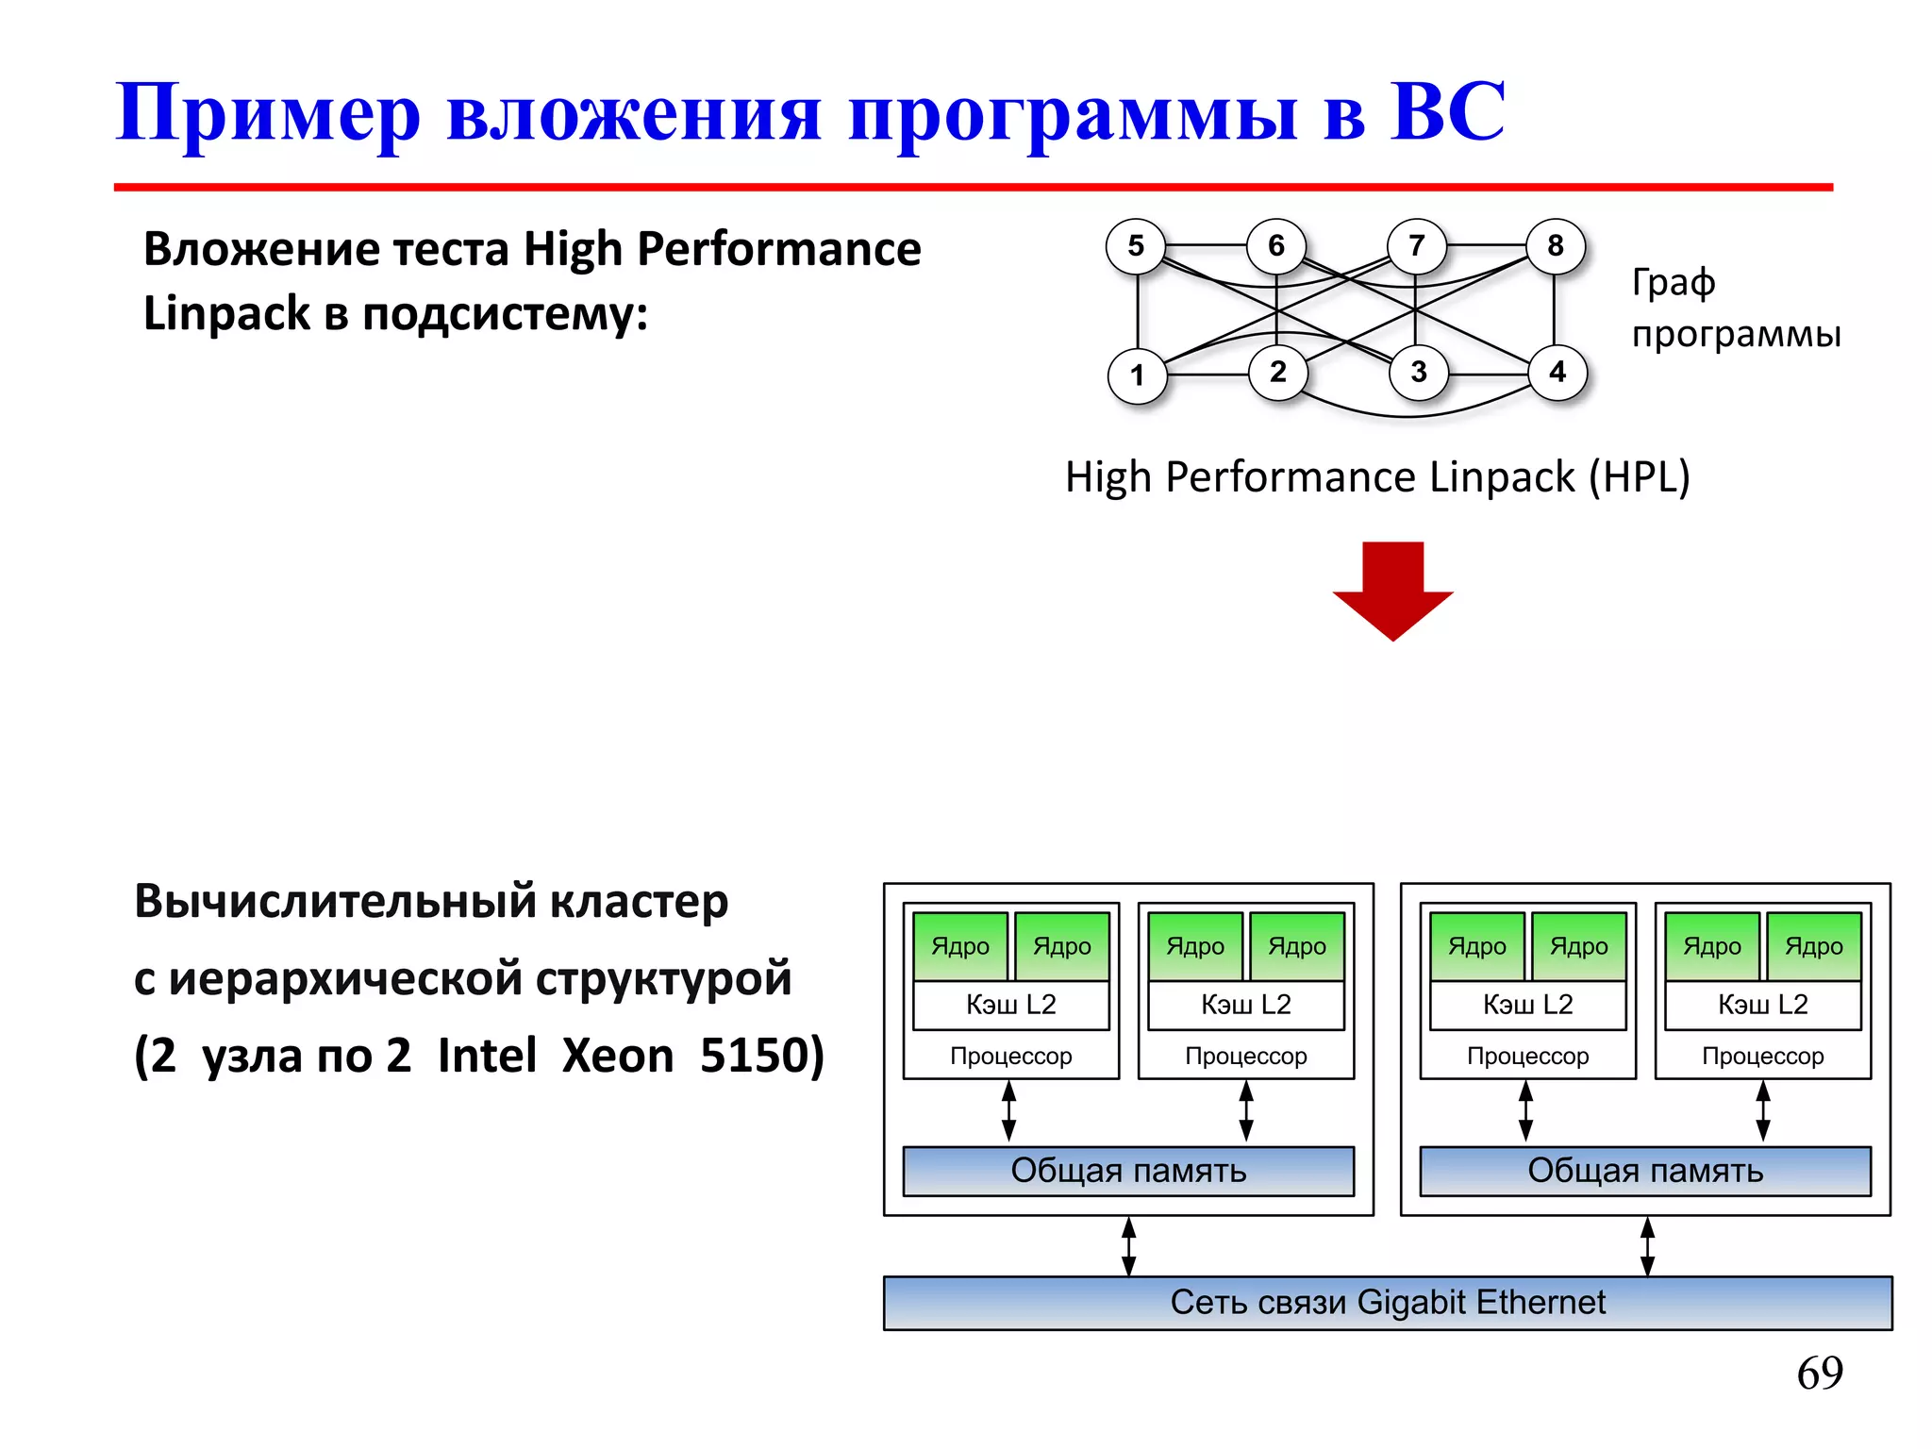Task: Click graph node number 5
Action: pos(1136,246)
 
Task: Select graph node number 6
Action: pos(1276,246)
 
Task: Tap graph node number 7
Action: pos(1416,246)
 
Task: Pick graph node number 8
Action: pos(1556,246)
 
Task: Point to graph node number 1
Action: pos(1138,375)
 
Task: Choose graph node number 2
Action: pos(1278,372)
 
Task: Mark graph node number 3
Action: pos(1418,372)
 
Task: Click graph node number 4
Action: pos(1557,372)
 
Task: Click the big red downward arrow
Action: pos(1392,590)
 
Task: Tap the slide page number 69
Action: pos(1820,1373)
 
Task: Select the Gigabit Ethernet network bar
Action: pos(1388,1303)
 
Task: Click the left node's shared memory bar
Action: pos(1128,1171)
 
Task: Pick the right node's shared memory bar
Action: pos(1645,1171)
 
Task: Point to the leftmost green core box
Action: pos(960,945)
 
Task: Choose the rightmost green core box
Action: pos(1813,945)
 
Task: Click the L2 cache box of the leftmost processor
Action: pos(1011,1005)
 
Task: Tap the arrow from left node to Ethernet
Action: pos(1129,1246)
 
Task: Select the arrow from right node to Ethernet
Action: pos(1647,1246)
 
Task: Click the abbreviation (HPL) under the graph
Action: pos(1640,477)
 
